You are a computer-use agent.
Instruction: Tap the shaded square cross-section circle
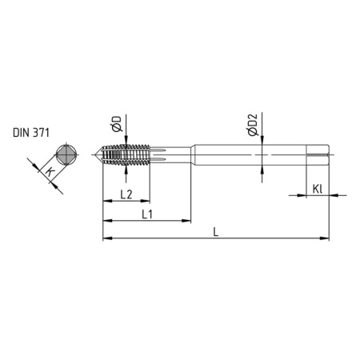coord(67,154)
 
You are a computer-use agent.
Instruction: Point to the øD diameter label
coord(117,124)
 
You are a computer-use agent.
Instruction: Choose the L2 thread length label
coord(126,194)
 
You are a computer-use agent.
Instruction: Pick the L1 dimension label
coord(147,214)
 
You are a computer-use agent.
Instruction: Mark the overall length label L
coord(217,231)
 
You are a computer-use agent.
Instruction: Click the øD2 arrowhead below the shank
coord(264,166)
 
